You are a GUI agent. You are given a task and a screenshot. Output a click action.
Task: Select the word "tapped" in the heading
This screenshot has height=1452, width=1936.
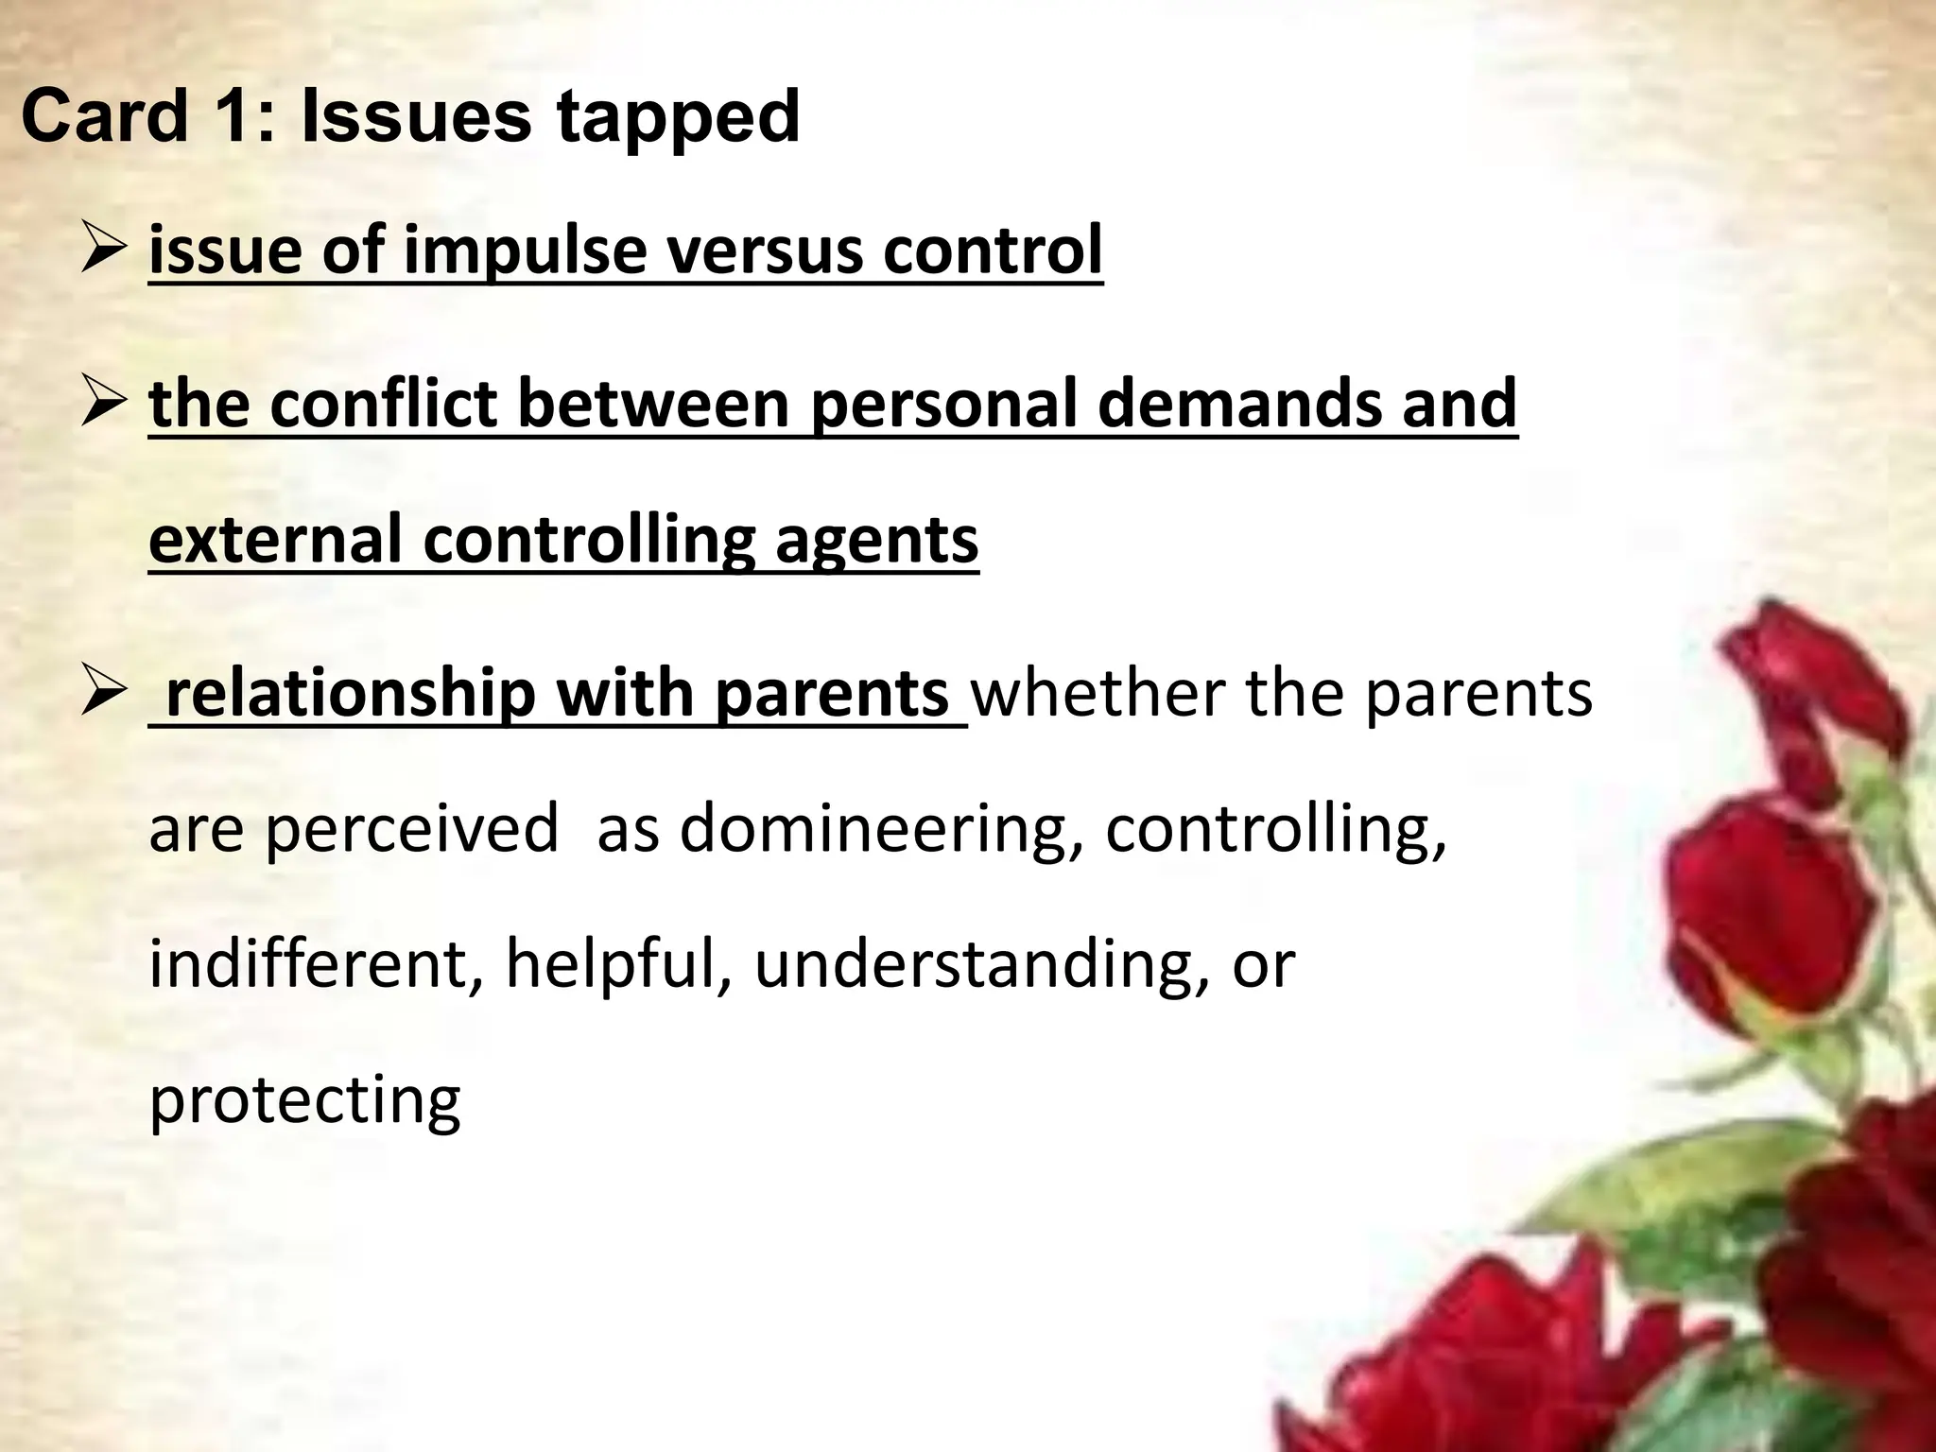677,119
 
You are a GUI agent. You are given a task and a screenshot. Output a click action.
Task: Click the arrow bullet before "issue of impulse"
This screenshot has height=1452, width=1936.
103,252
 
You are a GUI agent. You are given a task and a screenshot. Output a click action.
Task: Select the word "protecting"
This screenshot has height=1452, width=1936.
304,1101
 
